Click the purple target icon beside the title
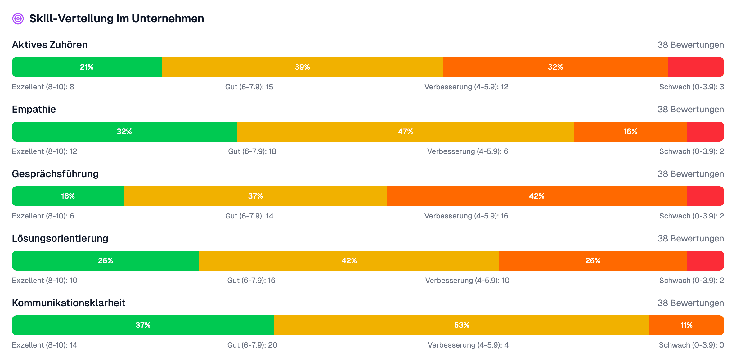18,19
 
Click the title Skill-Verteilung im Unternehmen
116,19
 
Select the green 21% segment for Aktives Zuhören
87,67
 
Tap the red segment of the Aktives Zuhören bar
696,67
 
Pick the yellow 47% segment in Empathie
405,132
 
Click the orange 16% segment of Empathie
630,132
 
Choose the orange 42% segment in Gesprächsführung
536,196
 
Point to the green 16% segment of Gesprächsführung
68,196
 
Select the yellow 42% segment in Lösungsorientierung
349,261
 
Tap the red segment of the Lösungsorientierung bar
705,261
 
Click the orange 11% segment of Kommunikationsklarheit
686,325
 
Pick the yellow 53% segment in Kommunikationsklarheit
461,325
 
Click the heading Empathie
34,109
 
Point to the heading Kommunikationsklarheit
69,303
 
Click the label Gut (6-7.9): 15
249,87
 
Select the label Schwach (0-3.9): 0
691,345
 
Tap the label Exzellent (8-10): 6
43,216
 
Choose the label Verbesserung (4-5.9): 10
467,281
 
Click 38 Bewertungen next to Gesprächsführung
691,174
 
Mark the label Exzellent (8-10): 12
44,151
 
